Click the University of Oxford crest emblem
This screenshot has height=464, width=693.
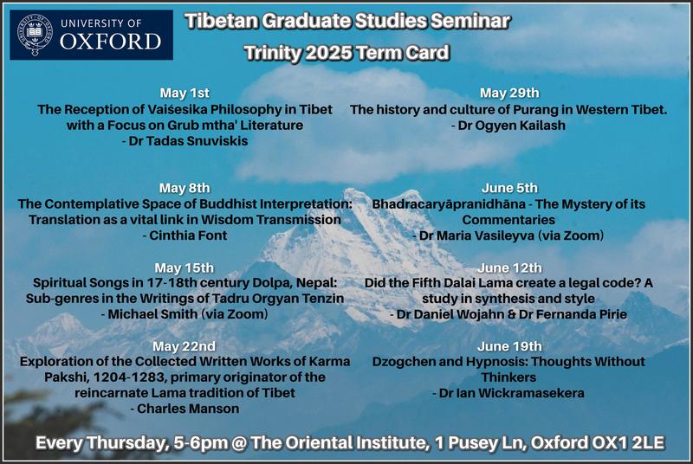pyautogui.click(x=35, y=35)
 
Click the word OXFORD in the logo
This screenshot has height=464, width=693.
pyautogui.click(x=111, y=42)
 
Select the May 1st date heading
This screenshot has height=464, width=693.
pyautogui.click(x=185, y=93)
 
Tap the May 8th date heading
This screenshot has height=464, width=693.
pyautogui.click(x=185, y=188)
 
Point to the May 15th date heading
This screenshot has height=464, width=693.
pyautogui.click(x=185, y=267)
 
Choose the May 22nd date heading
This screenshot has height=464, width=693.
pyautogui.click(x=185, y=346)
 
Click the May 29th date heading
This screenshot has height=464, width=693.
pyautogui.click(x=509, y=93)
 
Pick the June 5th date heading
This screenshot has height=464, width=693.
pyautogui.click(x=509, y=188)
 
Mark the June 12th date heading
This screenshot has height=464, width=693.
pyautogui.click(x=509, y=267)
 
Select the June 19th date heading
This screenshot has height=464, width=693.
pyautogui.click(x=509, y=346)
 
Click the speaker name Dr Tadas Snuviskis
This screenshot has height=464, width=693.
pyautogui.click(x=188, y=141)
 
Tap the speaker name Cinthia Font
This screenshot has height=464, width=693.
pyautogui.click(x=188, y=235)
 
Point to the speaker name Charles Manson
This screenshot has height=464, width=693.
pyautogui.click(x=188, y=409)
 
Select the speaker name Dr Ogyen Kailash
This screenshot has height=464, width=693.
pyautogui.click(x=512, y=126)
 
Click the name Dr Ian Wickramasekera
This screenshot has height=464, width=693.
pyautogui.click(x=512, y=393)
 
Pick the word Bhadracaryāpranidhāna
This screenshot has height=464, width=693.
pyautogui.click(x=449, y=204)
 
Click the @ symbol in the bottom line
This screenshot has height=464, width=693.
pyautogui.click(x=240, y=443)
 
